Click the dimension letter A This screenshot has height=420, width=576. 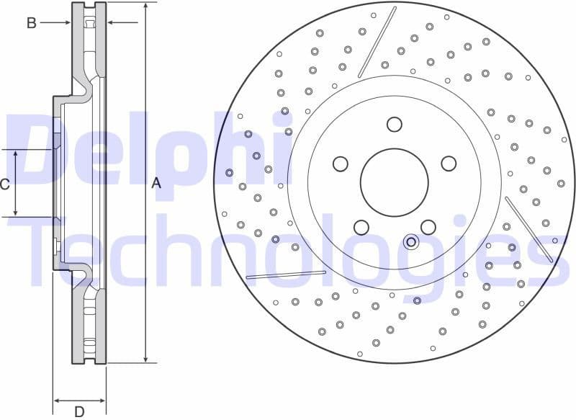click(x=156, y=184)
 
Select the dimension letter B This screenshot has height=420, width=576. click(x=31, y=23)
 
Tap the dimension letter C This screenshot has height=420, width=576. click(x=4, y=184)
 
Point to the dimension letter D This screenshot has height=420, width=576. click(x=79, y=411)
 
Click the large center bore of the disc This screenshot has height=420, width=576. click(x=394, y=182)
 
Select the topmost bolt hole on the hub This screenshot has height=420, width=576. click(x=394, y=124)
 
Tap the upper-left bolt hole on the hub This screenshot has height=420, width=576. click(x=340, y=164)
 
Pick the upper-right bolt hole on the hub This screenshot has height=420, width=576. click(x=448, y=164)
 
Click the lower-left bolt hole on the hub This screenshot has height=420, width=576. click(x=361, y=228)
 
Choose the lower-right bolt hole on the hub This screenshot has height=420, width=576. click(x=428, y=228)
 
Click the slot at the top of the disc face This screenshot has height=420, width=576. click(x=377, y=42)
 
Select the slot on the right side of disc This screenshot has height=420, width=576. click(x=529, y=229)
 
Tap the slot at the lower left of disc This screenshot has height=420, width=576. click(x=286, y=274)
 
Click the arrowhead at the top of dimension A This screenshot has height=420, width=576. click(x=146, y=6)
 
